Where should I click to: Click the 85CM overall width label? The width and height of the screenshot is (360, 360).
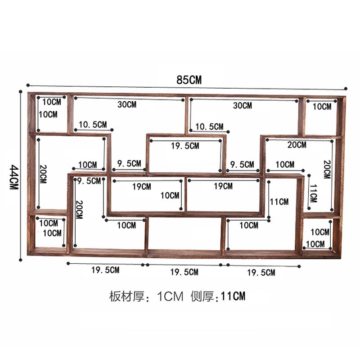tap(189, 80)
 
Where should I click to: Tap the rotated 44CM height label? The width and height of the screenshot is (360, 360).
tap(14, 177)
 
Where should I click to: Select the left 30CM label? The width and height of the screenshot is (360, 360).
tap(127, 104)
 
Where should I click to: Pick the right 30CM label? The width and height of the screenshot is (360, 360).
tap(243, 105)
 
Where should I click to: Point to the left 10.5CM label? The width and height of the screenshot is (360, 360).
tap(93, 125)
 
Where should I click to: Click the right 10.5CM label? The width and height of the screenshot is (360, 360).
tap(209, 126)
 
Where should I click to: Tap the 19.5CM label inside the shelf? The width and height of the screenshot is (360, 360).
tap(185, 145)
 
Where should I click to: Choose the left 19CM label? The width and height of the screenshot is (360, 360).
tap(142, 186)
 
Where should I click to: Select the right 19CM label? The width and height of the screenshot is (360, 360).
tap(223, 186)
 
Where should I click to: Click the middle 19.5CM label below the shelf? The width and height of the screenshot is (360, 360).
tap(184, 272)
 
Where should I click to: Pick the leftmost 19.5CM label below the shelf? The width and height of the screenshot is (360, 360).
tap(105, 270)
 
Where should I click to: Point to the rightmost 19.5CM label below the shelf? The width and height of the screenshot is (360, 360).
tap(261, 273)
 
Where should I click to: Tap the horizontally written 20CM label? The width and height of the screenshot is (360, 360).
tap(297, 144)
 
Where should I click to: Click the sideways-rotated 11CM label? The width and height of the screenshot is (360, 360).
tap(313, 193)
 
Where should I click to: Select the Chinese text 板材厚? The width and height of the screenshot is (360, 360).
tap(127, 296)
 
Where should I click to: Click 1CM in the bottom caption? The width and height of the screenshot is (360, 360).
tap(170, 296)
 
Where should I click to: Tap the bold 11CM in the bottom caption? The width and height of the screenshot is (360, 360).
tap(233, 296)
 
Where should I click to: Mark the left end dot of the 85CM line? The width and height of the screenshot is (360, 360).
tap(28, 85)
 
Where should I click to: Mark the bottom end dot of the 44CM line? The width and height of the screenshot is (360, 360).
tap(20, 260)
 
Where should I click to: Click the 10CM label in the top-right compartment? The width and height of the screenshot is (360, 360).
tap(322, 106)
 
